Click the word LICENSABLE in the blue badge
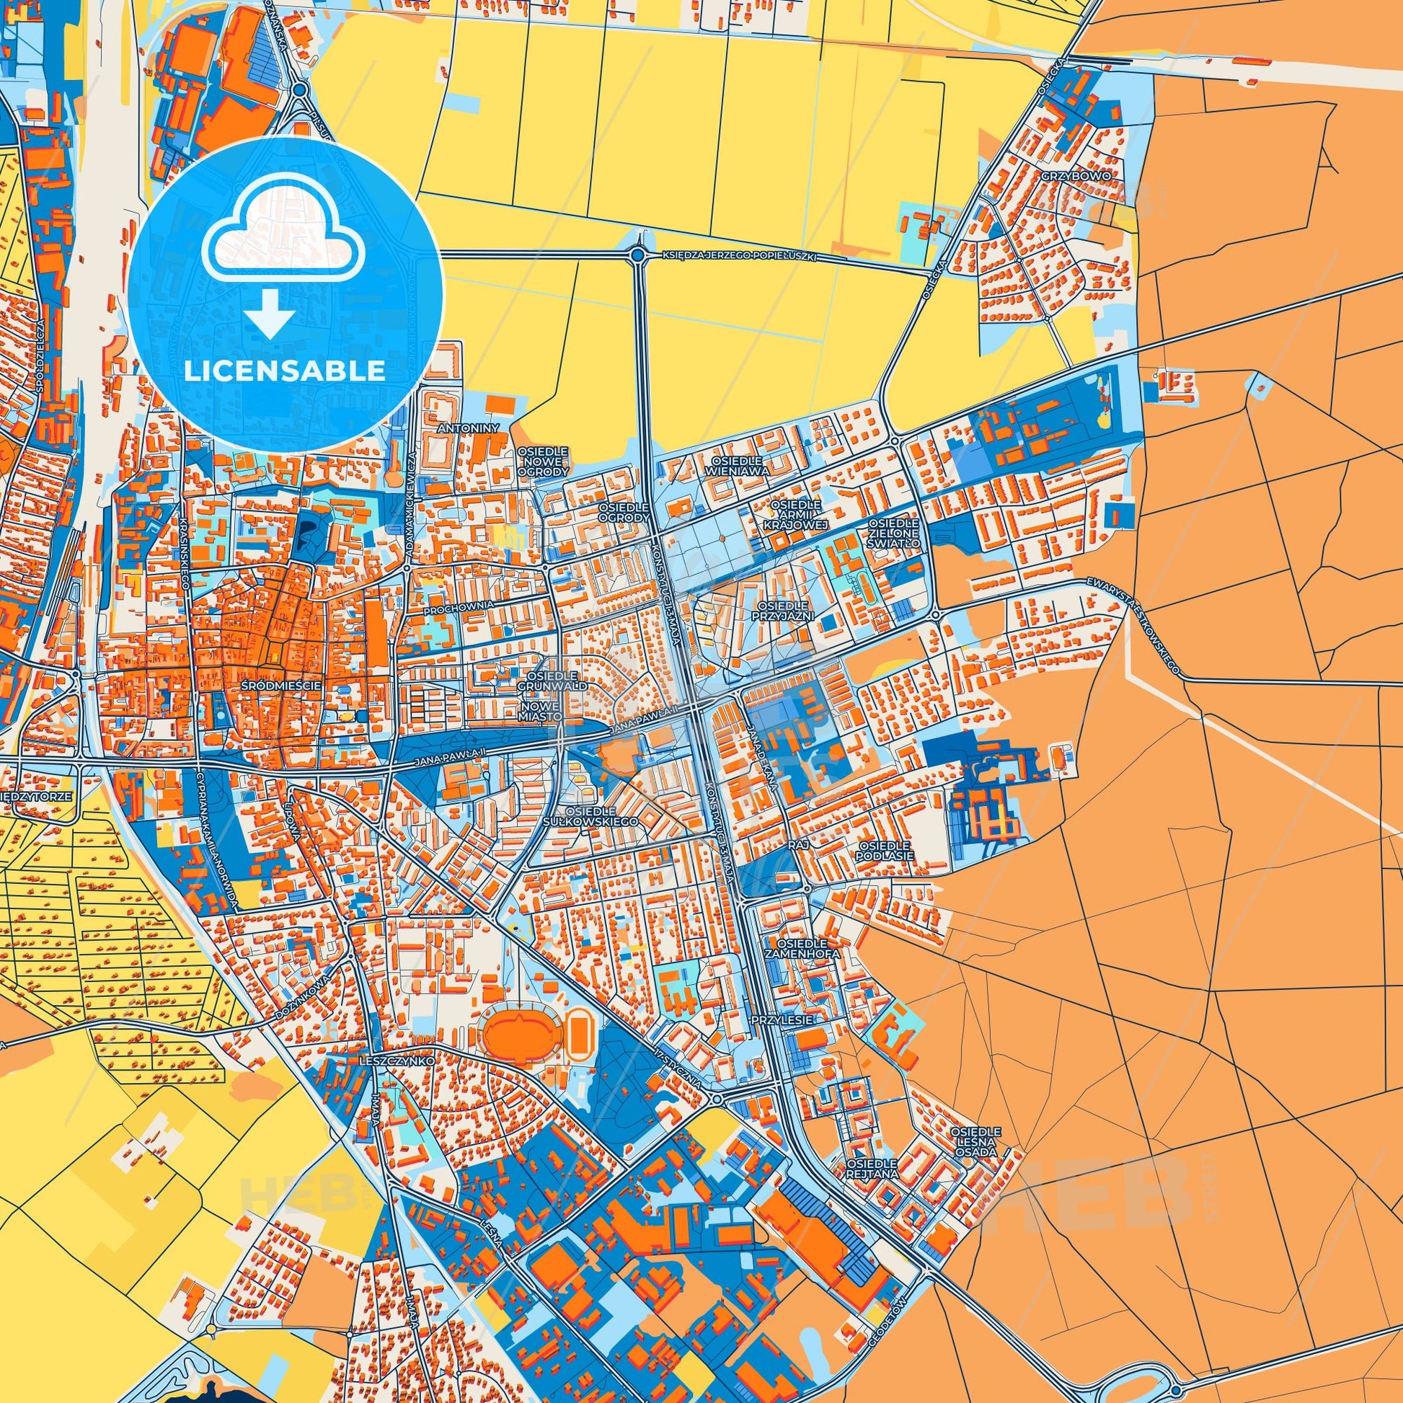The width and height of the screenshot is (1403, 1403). [x=285, y=371]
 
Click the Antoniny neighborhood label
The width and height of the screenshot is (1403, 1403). [x=469, y=429]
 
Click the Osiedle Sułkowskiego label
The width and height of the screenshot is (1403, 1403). [x=601, y=815]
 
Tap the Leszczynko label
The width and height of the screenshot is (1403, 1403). [x=397, y=1061]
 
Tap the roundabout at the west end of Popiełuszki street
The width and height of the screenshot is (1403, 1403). [x=638, y=255]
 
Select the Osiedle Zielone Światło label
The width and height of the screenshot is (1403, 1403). [x=895, y=533]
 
